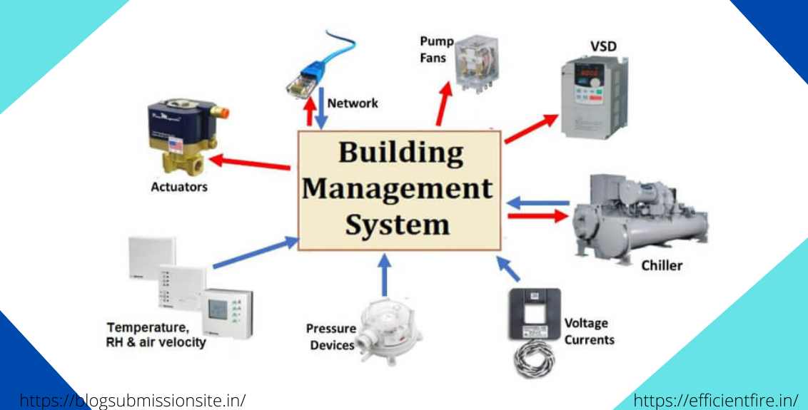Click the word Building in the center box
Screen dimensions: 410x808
tap(400, 153)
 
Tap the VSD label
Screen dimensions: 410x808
tap(603, 48)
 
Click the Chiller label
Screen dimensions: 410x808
tap(661, 265)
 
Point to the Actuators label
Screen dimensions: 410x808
tap(179, 187)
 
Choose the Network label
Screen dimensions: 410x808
tap(353, 103)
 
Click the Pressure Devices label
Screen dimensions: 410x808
tap(330, 337)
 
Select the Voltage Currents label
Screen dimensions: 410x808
tap(589, 332)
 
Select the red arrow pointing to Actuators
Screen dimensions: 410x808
tap(251, 163)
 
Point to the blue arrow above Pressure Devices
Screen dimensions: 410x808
tap(385, 275)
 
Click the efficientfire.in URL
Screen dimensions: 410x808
tap(716, 400)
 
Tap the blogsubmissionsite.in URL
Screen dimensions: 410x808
tap(132, 400)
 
